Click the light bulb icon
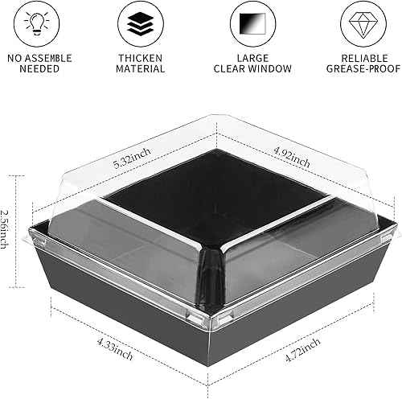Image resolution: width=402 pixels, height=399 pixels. pos(39,23)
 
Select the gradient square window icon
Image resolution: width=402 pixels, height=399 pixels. pos(252,23)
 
